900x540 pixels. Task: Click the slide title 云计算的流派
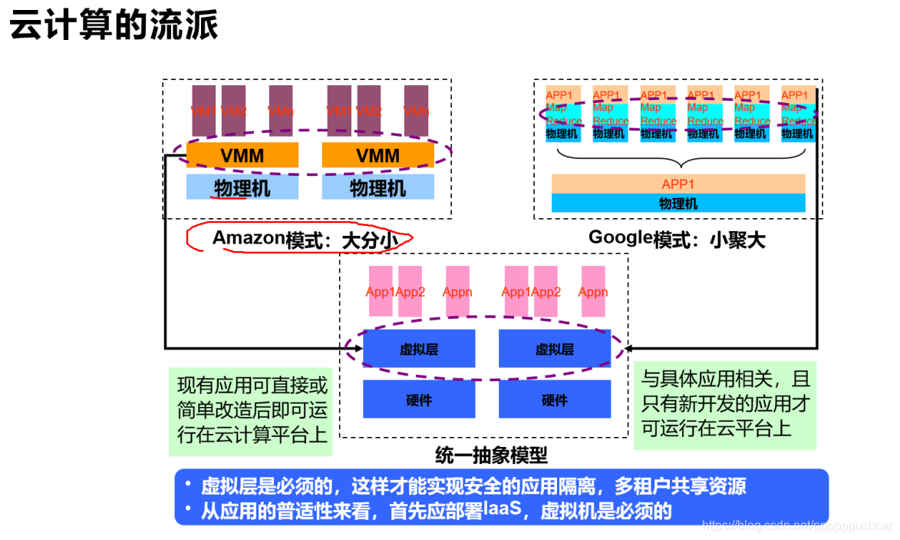pos(114,26)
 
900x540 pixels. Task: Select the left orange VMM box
pos(242,155)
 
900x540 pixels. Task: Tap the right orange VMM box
pos(377,155)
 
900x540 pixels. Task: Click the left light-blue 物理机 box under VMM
pos(242,187)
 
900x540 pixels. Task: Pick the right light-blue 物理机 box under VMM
pos(377,187)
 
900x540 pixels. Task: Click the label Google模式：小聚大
pos(677,238)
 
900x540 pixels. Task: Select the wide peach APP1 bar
pos(678,184)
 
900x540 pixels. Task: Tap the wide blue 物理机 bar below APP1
pos(678,204)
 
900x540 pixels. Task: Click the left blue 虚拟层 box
pos(419,350)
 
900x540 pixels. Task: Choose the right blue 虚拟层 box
pos(555,350)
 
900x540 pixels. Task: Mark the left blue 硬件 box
pos(419,399)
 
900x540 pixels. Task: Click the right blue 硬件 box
pos(555,399)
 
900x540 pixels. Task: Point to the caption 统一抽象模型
pos(491,455)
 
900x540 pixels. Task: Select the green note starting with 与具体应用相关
pos(725,404)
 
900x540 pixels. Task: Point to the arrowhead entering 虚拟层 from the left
pos(358,349)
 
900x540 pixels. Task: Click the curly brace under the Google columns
pos(681,159)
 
